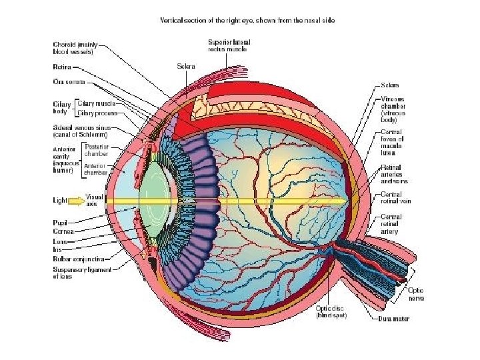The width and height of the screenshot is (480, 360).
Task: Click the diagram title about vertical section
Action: (247, 21)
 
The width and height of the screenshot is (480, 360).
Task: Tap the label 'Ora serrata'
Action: (68, 81)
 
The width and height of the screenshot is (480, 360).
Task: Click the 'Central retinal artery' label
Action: (391, 224)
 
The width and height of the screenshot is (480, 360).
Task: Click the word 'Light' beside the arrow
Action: (61, 199)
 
